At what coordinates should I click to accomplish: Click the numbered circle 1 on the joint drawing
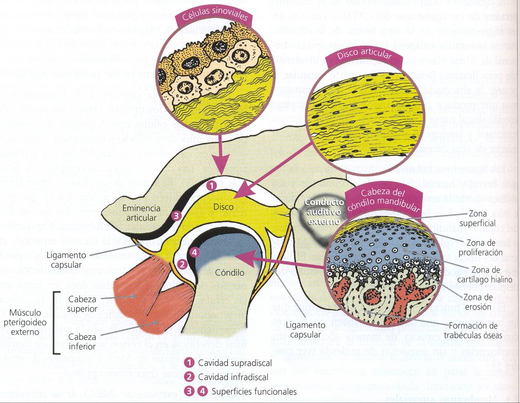point(211,185)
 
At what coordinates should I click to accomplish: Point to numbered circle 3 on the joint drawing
point(176,216)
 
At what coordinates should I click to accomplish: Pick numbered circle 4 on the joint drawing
point(194,252)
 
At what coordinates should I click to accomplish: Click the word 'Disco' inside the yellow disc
point(224,207)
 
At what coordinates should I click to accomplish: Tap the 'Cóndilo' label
point(230,273)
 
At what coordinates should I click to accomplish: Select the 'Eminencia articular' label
point(141,213)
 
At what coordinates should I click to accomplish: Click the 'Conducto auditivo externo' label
point(324,212)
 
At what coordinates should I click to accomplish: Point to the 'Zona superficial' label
point(477,219)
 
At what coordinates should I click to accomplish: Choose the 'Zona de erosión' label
point(478,302)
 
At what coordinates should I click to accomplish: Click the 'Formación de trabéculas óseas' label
point(472,331)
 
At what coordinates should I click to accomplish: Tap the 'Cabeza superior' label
point(82,304)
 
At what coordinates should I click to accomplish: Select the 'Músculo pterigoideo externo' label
point(25,322)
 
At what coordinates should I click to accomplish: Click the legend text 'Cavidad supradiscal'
point(235,363)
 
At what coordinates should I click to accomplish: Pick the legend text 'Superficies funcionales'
point(254,391)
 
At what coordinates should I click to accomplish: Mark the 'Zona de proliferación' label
point(480,247)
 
